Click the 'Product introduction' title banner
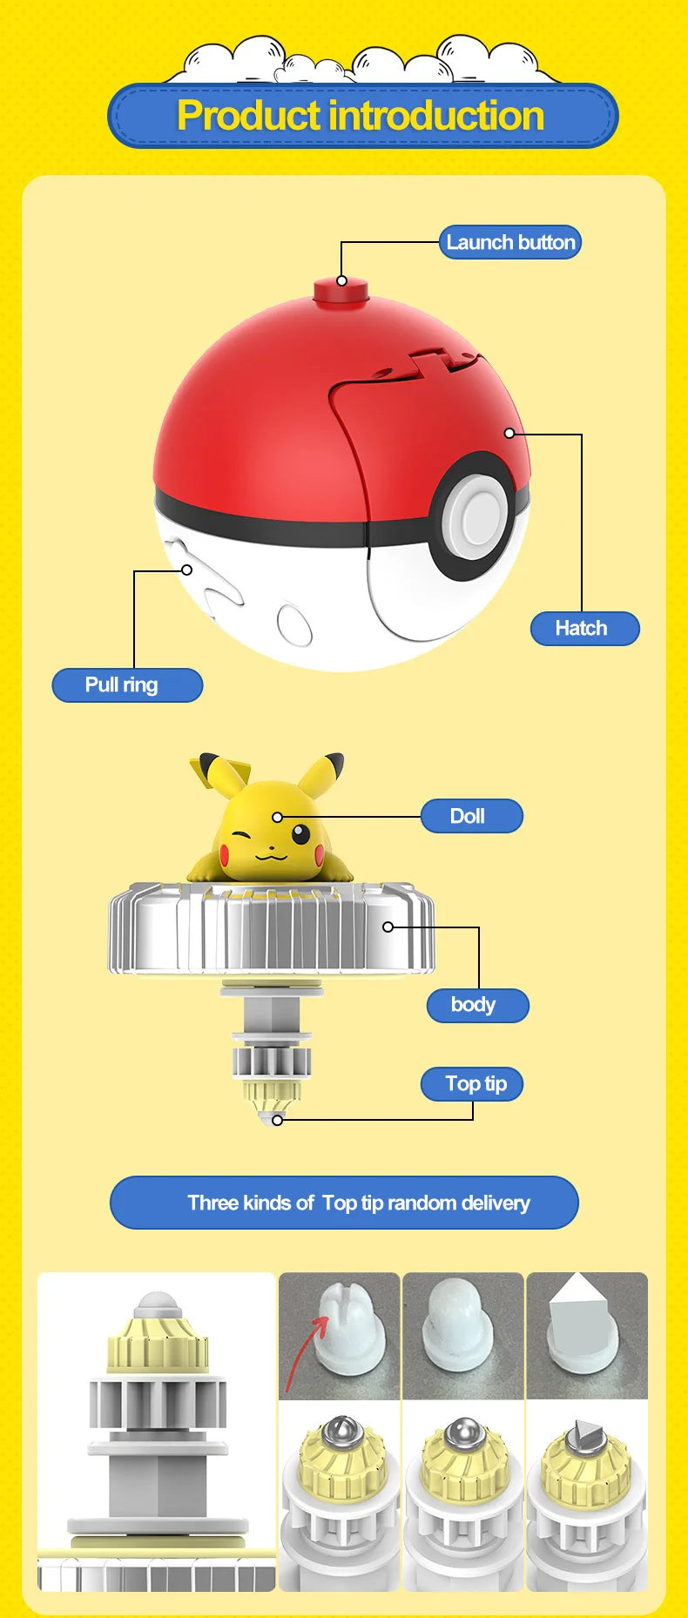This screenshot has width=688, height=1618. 361,116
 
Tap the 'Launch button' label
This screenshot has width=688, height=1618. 510,242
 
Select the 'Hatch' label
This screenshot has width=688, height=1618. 584,628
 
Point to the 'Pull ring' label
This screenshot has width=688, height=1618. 126,684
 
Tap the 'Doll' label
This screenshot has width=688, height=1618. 471,816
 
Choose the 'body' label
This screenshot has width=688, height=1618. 476,1005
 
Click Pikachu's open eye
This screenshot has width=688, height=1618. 300,835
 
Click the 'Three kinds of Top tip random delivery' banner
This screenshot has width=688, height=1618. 344,1203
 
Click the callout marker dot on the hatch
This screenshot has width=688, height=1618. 509,433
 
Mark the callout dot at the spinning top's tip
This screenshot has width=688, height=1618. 277,1120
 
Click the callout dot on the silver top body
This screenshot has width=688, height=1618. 388,927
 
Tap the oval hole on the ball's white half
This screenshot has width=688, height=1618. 294,624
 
